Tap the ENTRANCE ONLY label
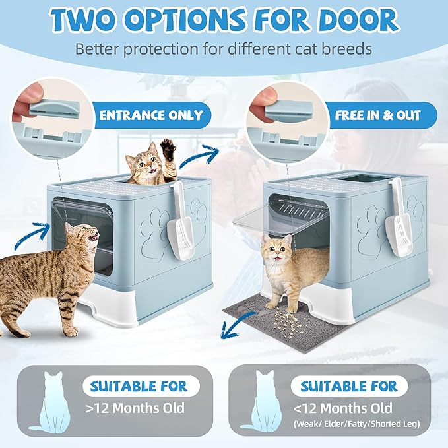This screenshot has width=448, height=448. [x=150, y=115]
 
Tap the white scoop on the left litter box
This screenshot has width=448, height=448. [x=178, y=224]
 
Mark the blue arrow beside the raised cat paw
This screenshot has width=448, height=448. [x=209, y=156]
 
